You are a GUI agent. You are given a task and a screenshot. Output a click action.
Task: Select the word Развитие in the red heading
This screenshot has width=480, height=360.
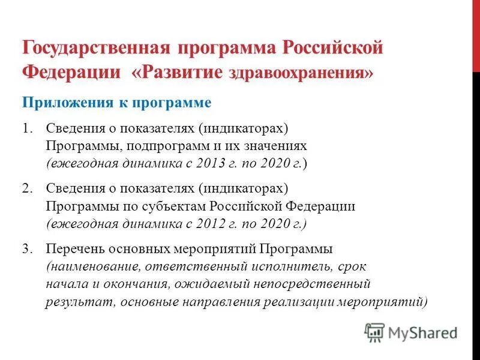(182, 71)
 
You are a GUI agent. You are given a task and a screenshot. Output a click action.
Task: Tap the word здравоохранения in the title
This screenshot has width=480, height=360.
(299, 73)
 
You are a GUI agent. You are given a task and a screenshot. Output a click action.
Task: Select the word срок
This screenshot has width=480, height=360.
(352, 266)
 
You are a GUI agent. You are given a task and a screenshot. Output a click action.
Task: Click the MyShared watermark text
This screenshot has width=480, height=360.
(422, 332)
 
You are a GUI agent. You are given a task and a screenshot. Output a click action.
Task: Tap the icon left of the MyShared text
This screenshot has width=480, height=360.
(374, 332)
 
